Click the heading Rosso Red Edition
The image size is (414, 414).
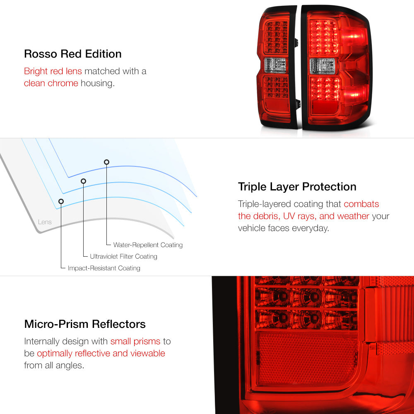(x=72, y=54)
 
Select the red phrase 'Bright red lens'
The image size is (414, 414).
(x=53, y=71)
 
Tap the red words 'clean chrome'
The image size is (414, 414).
(x=51, y=83)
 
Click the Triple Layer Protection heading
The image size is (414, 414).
(x=297, y=187)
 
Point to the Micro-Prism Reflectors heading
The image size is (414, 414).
(x=85, y=324)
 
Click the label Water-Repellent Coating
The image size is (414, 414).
(x=148, y=245)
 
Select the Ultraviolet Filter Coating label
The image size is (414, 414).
(x=123, y=256)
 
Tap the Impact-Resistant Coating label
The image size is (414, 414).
(x=104, y=268)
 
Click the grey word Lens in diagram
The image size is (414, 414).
(x=45, y=222)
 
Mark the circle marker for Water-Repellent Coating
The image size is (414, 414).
(x=106, y=162)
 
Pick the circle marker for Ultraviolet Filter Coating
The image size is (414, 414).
(x=84, y=181)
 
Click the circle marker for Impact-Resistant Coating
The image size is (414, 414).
(x=61, y=202)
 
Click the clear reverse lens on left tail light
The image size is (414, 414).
(x=275, y=65)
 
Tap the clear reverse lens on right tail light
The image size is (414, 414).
(x=323, y=66)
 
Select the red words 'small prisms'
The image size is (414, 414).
(x=135, y=341)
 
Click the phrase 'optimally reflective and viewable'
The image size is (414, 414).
(x=101, y=353)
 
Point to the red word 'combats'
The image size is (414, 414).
(x=361, y=204)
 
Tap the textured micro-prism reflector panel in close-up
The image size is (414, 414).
(x=308, y=359)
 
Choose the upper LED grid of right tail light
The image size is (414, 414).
(x=324, y=37)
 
